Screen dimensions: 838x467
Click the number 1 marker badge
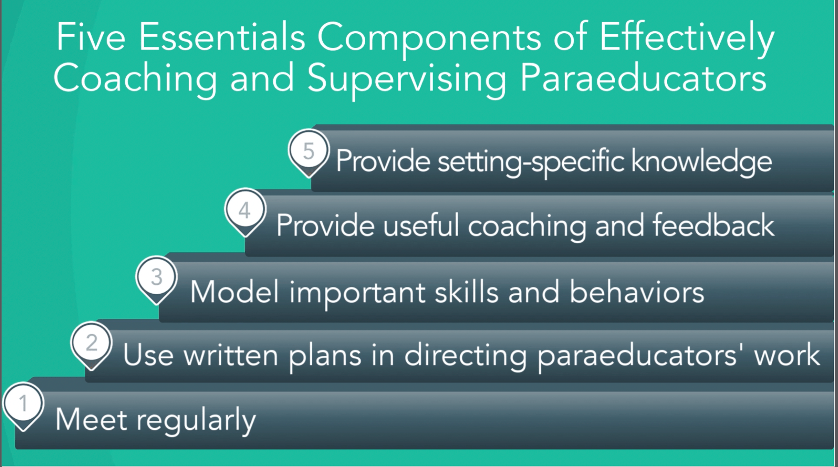[23, 406]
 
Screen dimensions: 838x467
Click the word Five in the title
[91, 37]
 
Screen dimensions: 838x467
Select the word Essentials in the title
[222, 37]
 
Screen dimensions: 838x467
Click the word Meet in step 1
[91, 419]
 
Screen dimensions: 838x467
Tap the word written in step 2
[231, 355]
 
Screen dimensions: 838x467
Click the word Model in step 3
[234, 291]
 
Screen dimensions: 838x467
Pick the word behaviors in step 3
[636, 291]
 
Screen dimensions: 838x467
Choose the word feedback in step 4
[713, 225]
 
